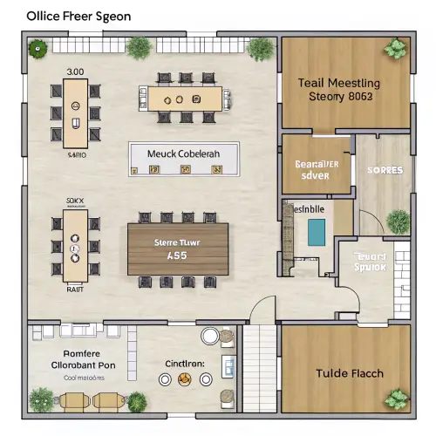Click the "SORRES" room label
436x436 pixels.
point(385,170)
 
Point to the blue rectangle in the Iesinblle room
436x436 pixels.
point(317,230)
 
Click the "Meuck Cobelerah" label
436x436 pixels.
point(183,153)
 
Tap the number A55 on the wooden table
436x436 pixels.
point(178,256)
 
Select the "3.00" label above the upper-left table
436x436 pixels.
point(75,72)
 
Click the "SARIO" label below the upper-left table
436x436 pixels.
point(78,153)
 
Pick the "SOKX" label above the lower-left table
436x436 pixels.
point(76,201)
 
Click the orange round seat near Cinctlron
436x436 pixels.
point(184,379)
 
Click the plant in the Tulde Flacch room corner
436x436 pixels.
point(398,399)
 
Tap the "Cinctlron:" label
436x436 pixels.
point(185,363)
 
